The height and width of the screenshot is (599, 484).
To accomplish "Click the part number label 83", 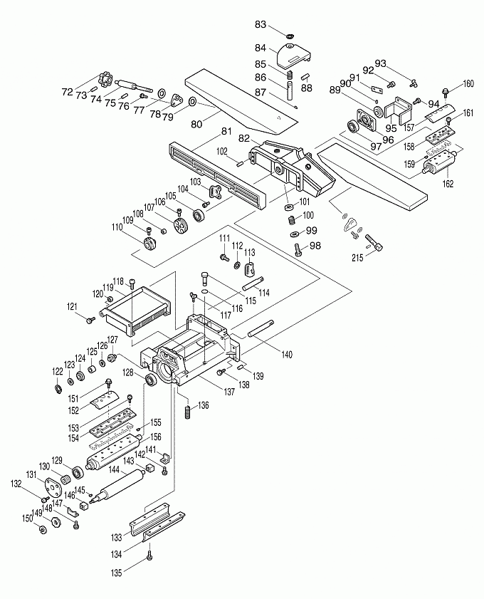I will [x=261, y=25].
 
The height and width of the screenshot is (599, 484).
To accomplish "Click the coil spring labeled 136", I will [x=187, y=411].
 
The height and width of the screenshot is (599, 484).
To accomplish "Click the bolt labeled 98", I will [x=297, y=248].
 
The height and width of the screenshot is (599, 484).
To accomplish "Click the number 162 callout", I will [x=446, y=183].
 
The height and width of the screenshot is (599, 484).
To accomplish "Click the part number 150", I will [x=28, y=518].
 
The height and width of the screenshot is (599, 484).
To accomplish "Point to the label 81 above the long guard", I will [x=226, y=131].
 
